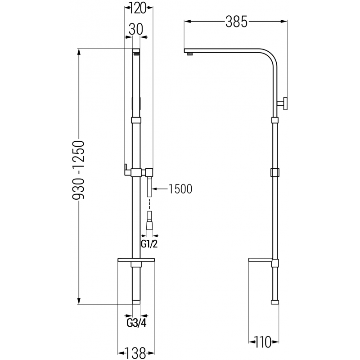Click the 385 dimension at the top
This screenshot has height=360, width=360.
[x=237, y=22]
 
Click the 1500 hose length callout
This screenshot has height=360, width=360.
[x=180, y=189]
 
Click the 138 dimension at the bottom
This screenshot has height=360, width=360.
[x=135, y=354]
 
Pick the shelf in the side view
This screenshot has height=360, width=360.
[x=260, y=261]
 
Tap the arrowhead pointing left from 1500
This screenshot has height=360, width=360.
[x=155, y=189]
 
